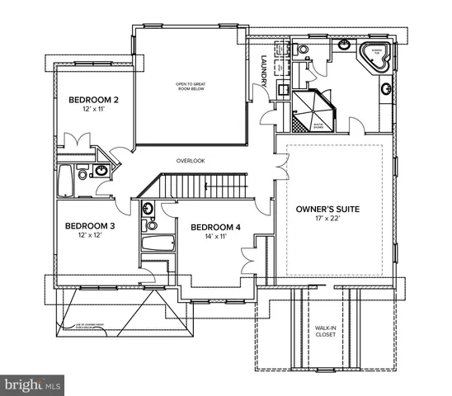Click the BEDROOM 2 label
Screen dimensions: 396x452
(92, 101)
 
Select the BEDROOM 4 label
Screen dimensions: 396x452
(214, 228)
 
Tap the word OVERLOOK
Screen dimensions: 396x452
(191, 161)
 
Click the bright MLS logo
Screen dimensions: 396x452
(32, 384)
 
